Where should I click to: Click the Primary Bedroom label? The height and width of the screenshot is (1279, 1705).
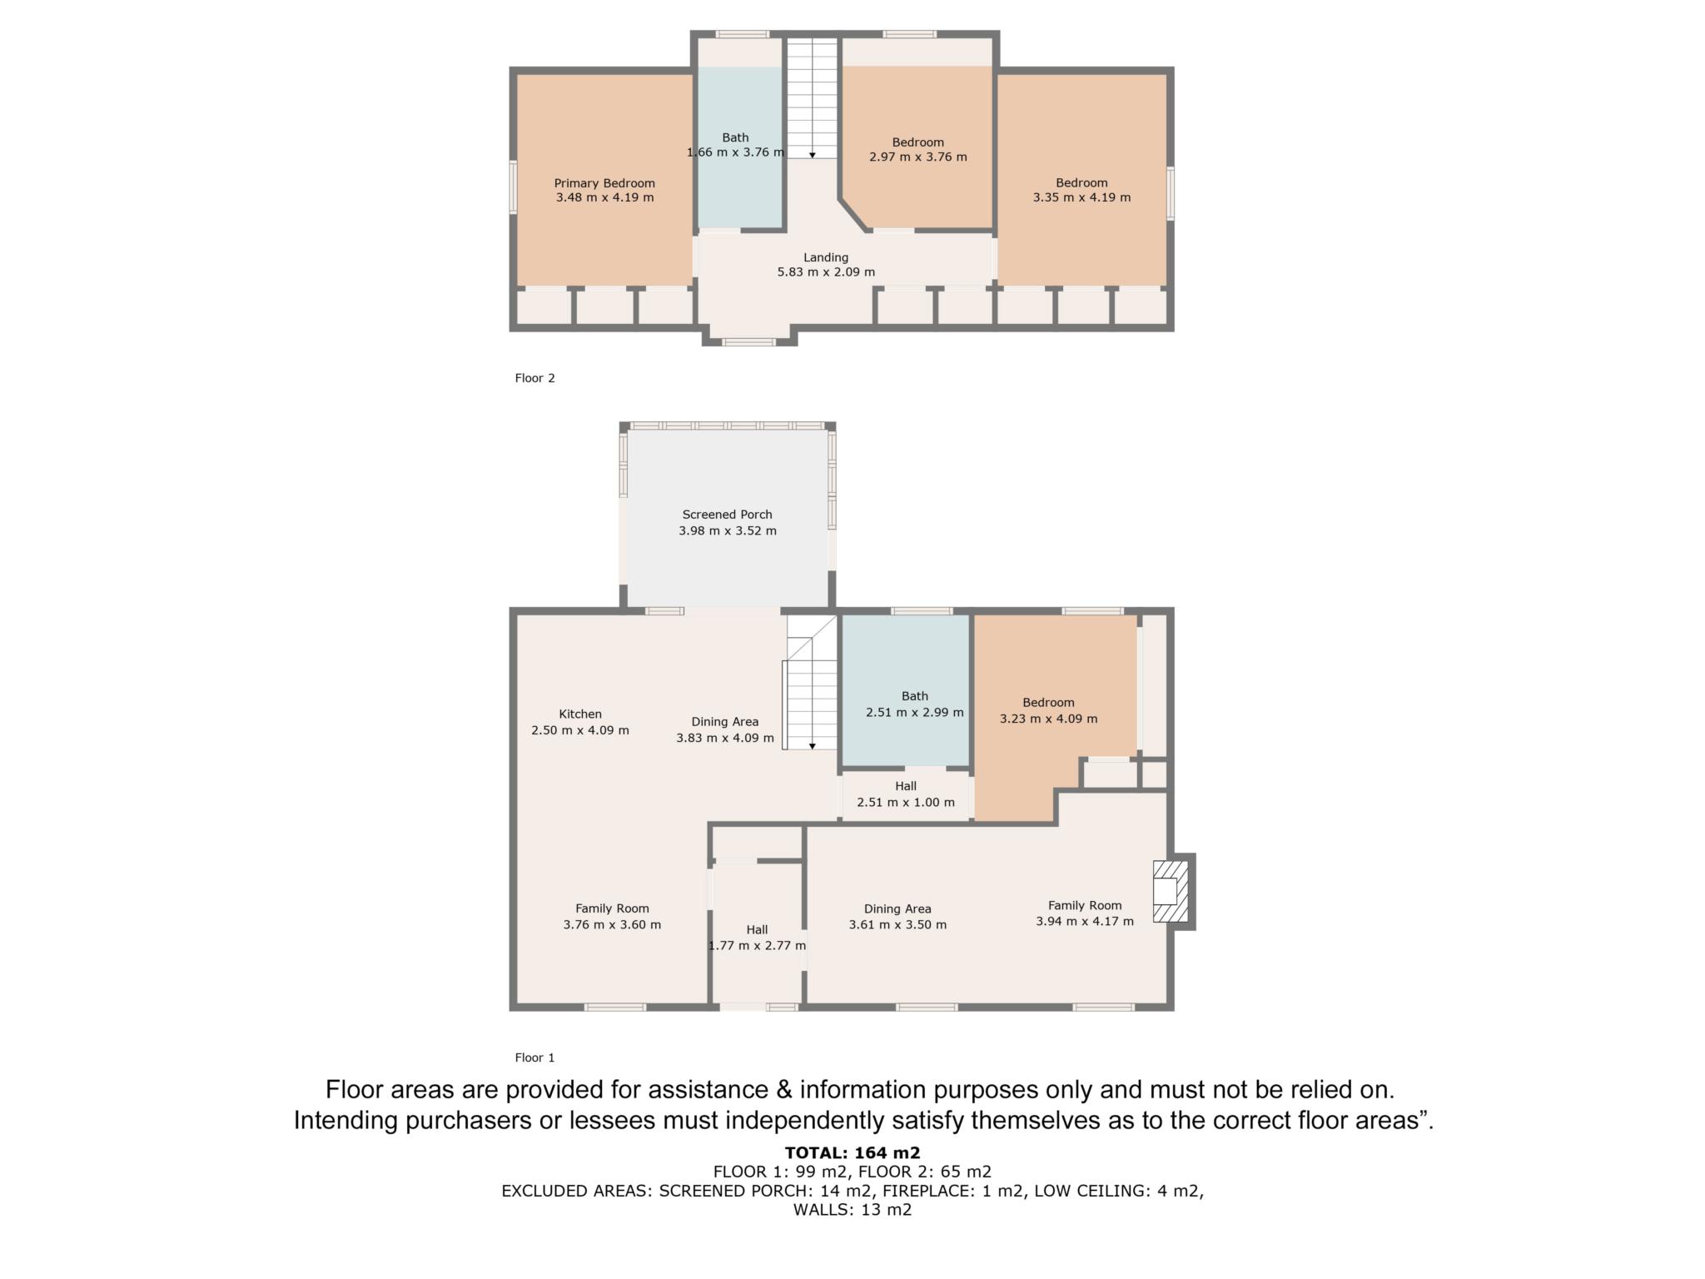(604, 183)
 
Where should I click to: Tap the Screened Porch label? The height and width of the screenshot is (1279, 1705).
(727, 515)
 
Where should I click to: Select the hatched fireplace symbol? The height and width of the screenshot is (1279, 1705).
(1171, 891)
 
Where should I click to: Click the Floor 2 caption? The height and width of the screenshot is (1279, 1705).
(534, 378)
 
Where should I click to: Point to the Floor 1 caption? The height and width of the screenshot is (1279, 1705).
(534, 1058)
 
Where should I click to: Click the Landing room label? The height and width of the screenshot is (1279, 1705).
(826, 258)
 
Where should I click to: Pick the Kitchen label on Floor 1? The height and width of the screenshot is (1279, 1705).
(580, 714)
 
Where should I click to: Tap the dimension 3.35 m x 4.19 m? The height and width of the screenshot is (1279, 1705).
(1081, 198)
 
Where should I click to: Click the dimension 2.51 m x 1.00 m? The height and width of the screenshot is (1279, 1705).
(906, 802)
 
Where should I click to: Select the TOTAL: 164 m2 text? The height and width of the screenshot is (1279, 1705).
(852, 1152)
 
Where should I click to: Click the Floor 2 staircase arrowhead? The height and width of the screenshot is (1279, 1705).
(812, 155)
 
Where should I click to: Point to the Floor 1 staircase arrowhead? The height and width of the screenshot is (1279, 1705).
(812, 746)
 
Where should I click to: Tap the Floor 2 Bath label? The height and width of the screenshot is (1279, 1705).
(735, 137)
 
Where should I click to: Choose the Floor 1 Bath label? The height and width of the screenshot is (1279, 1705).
(914, 696)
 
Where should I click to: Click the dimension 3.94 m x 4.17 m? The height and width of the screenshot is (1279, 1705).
(1085, 921)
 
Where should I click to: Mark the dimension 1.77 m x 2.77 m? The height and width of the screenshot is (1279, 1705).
(757, 946)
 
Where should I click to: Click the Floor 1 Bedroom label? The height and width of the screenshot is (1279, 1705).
(1048, 703)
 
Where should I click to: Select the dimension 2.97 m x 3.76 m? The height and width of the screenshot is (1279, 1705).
(918, 157)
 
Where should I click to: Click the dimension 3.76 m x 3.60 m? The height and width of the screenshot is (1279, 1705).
(612, 924)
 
